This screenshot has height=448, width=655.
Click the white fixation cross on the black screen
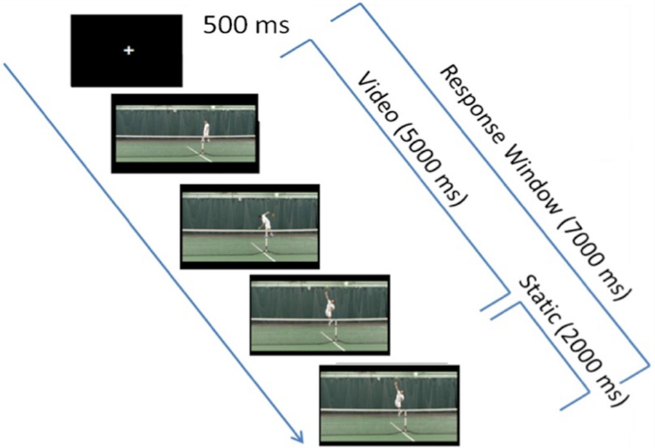tap(128, 50)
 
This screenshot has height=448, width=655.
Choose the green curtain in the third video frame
tap(284, 299)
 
